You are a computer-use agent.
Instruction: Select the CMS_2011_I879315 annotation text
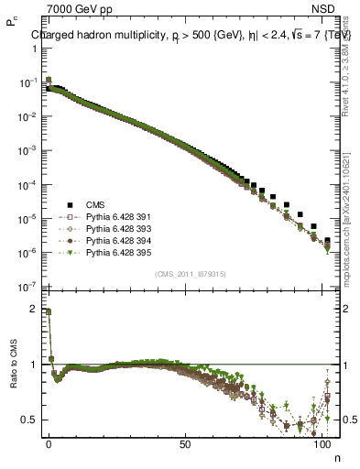[191, 273]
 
